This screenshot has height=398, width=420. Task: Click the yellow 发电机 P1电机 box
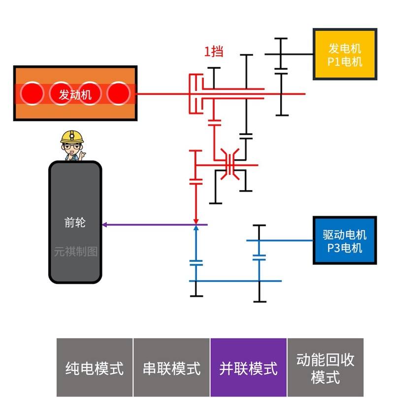[x=345, y=54]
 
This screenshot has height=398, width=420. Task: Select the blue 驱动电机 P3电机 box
[x=345, y=241]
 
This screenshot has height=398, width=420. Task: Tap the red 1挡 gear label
[x=214, y=51]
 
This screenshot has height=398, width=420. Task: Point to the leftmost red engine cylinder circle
[x=32, y=93]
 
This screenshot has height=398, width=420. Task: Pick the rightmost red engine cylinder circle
[x=118, y=93]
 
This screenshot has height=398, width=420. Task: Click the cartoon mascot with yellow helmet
[x=72, y=145]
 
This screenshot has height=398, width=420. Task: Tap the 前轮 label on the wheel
[x=75, y=222]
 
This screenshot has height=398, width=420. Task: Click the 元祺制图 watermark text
[x=75, y=252]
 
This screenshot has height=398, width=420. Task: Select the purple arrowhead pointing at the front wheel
[x=104, y=225]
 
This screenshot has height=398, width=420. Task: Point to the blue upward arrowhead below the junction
[x=196, y=229]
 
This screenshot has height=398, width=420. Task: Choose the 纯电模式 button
[x=95, y=368]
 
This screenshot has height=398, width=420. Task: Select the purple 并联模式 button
[x=248, y=368]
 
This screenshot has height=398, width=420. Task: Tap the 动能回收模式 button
[x=325, y=368]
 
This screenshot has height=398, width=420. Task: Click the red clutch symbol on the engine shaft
[x=196, y=94]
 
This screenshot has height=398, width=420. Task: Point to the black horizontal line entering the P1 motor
[x=295, y=54]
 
